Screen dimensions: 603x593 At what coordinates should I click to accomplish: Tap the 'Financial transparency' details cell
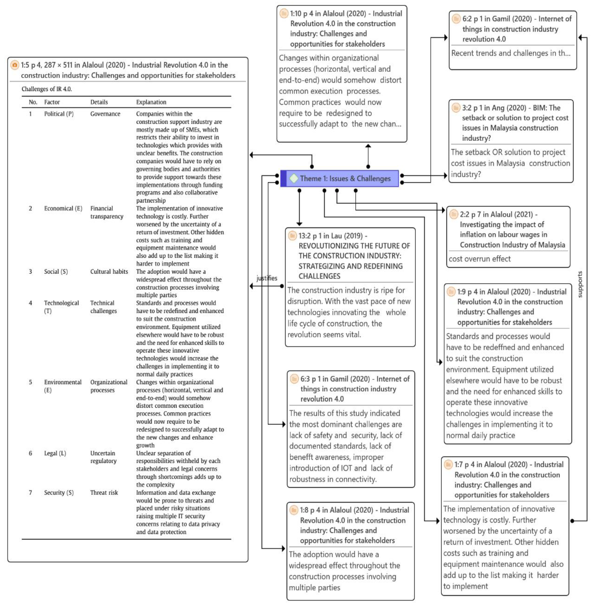[106, 212]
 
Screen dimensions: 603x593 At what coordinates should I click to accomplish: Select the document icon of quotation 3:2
[456, 108]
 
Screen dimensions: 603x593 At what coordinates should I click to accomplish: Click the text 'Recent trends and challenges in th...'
[511, 53]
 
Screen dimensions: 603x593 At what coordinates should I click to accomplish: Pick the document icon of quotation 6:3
[294, 379]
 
